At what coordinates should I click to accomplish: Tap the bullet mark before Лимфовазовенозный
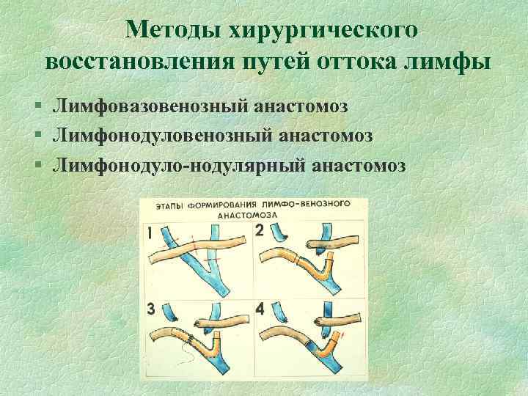38,107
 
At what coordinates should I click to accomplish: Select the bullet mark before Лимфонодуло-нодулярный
38,165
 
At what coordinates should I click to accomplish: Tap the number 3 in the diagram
151,309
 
